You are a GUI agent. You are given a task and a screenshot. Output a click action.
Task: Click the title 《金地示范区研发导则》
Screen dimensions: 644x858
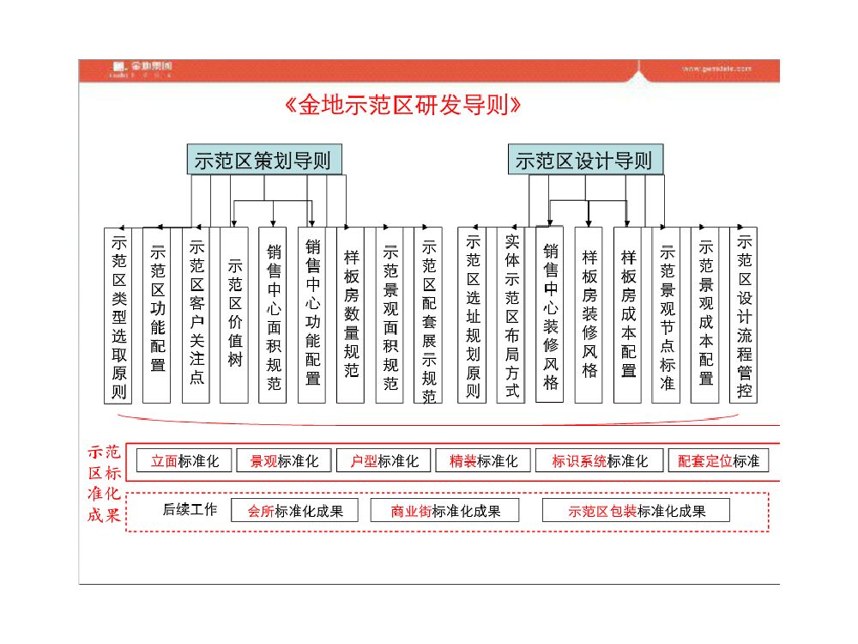click(402, 106)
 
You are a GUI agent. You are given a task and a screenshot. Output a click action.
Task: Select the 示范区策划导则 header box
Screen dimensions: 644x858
click(263, 161)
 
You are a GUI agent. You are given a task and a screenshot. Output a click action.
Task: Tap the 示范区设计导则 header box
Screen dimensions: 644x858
click(583, 161)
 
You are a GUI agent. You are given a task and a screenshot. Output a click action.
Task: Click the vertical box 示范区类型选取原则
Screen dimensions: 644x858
click(118, 315)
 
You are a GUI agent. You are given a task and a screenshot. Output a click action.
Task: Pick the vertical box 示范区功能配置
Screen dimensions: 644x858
click(157, 315)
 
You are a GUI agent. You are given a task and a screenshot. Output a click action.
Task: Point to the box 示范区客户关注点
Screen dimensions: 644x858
click(196, 315)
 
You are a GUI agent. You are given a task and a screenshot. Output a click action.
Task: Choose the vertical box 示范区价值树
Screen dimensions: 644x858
click(234, 315)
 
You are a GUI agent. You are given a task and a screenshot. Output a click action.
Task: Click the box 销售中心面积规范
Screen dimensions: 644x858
click(273, 315)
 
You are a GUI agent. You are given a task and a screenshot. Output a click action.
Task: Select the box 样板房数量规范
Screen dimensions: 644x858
click(351, 315)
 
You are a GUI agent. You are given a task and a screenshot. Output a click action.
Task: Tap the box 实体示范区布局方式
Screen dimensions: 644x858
click(511, 315)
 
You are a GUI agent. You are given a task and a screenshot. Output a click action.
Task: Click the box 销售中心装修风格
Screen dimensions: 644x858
click(550, 315)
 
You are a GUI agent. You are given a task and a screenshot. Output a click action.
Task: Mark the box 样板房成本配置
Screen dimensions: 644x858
click(628, 315)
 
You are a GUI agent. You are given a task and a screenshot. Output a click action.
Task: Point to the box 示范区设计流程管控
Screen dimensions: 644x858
click(743, 315)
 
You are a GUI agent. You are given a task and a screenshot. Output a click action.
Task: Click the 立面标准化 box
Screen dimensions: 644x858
click(184, 461)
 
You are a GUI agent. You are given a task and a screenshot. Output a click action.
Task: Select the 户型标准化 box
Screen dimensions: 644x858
click(384, 461)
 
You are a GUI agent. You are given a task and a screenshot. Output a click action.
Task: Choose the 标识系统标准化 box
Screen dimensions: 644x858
click(599, 461)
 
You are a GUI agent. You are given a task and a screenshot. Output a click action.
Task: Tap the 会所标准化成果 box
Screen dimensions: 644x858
click(295, 511)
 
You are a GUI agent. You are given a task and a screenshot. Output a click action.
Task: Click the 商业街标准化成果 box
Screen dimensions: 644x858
click(445, 511)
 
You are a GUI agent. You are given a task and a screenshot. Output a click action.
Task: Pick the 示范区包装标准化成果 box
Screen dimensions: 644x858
click(636, 511)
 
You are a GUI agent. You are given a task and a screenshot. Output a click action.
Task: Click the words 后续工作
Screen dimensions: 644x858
click(190, 510)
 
